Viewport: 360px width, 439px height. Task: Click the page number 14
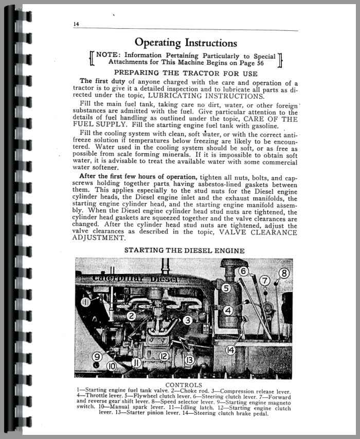point(76,24)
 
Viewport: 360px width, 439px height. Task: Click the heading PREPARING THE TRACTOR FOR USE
point(187,73)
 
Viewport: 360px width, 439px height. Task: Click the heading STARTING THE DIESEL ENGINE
point(184,250)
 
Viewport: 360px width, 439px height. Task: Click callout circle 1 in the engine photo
point(85,303)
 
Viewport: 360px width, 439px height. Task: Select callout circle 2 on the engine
point(132,317)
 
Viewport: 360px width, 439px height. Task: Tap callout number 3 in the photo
point(188,320)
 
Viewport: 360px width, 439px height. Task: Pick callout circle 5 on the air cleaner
point(226,288)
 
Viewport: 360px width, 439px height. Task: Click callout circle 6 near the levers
point(244,271)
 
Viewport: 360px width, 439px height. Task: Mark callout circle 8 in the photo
point(284,273)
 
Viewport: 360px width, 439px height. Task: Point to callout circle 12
point(164,356)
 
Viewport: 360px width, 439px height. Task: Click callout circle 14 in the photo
point(230,350)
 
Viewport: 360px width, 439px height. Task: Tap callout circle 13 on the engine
point(189,360)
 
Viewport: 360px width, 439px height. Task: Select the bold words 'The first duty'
point(100,82)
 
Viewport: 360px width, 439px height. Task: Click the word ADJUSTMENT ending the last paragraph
point(100,238)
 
